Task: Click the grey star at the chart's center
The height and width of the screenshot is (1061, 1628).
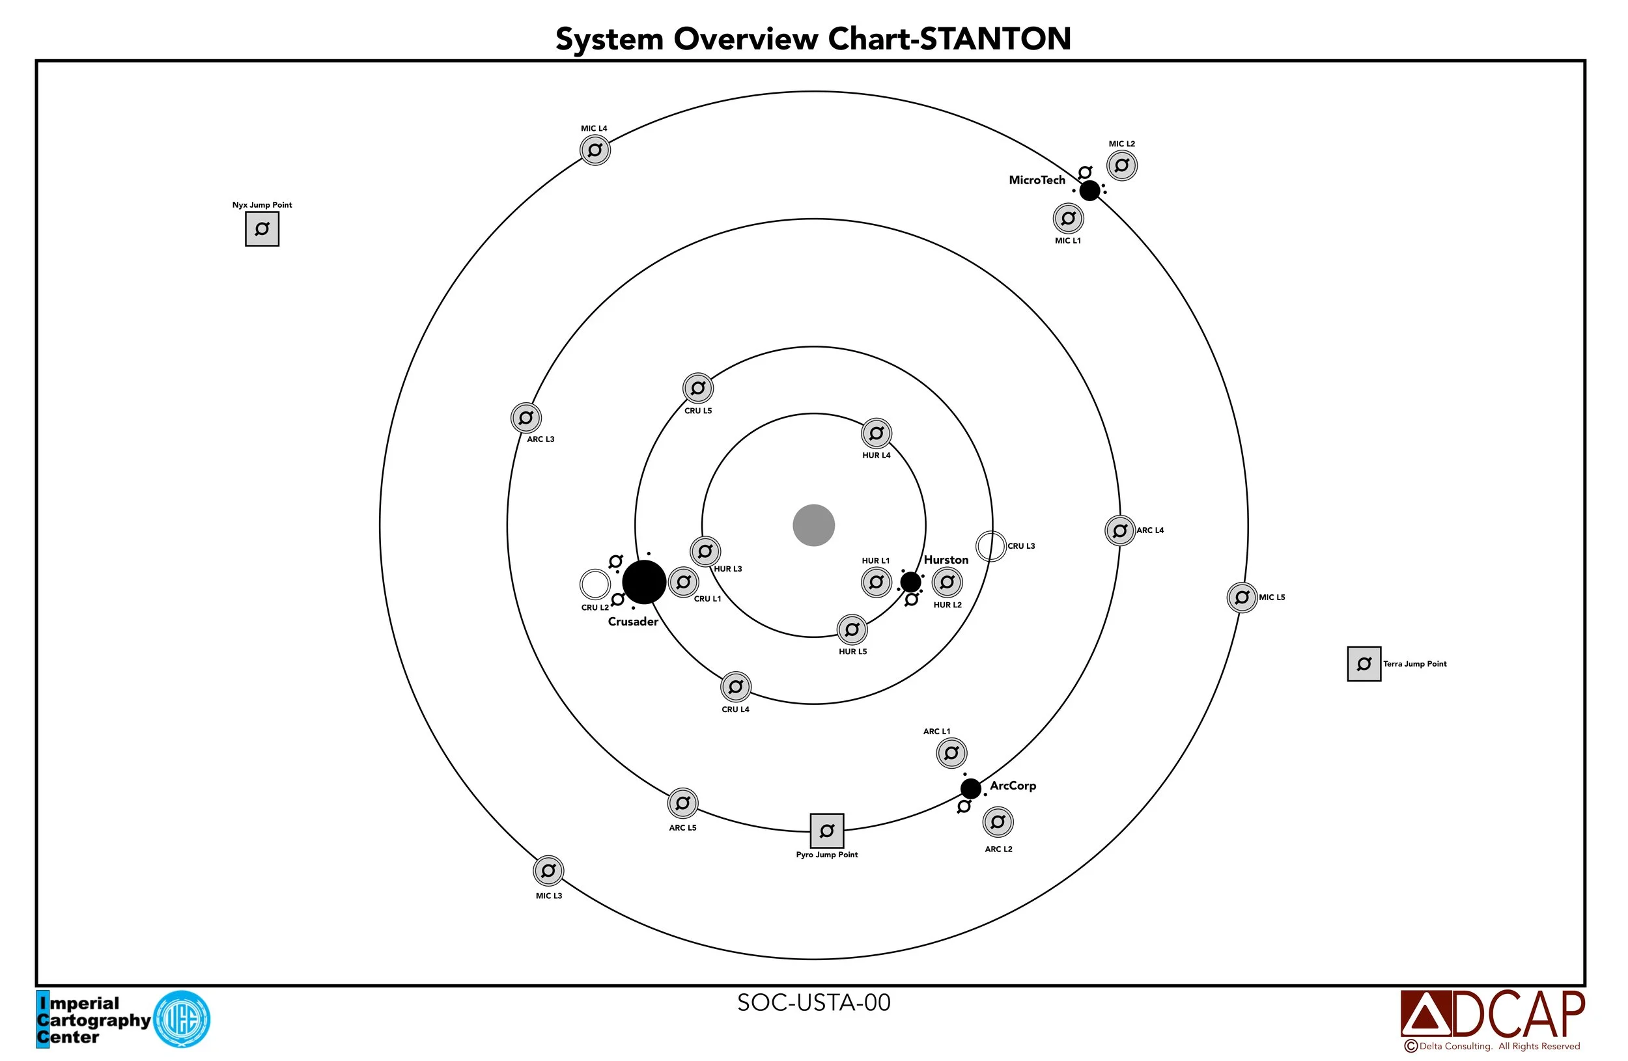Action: pos(813,525)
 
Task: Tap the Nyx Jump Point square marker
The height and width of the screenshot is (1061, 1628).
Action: pos(262,229)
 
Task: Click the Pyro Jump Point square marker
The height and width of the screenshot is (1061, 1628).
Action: pos(826,831)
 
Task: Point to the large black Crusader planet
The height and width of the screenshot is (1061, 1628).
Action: pos(643,582)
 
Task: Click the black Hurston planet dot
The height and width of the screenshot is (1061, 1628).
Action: pos(910,582)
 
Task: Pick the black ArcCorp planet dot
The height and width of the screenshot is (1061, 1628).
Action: pos(970,788)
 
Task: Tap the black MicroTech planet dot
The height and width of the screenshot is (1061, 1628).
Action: pos(1089,190)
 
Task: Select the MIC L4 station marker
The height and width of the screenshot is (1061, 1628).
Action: pos(595,150)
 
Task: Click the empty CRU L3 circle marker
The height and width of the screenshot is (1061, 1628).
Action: pos(990,546)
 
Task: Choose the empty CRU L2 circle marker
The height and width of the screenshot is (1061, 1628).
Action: pos(595,585)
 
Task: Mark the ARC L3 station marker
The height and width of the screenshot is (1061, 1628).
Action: pos(526,417)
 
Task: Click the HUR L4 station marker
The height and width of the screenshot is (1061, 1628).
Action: pos(877,433)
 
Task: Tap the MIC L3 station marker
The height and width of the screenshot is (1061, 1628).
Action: pos(548,870)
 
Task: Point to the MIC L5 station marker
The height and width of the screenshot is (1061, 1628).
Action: pos(1242,598)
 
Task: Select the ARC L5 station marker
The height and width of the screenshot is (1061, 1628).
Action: pos(682,803)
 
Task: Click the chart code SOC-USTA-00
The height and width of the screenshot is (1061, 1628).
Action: pos(813,1002)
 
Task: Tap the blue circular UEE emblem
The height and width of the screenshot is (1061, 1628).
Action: pos(181,1019)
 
